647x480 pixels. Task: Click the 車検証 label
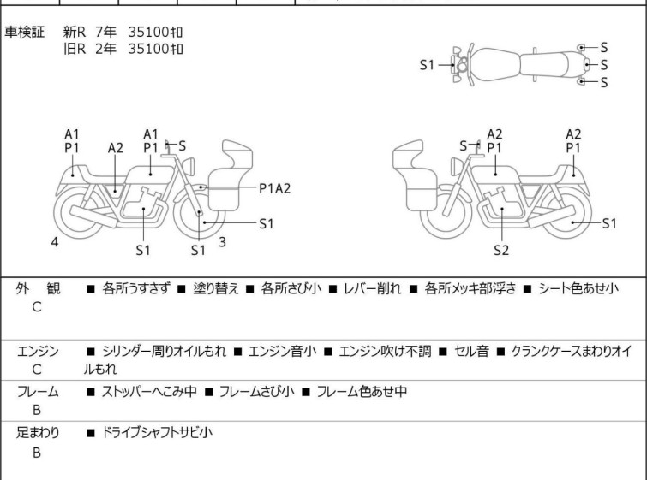(x=24, y=32)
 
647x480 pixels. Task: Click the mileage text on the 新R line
(x=155, y=32)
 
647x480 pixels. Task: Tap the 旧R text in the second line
(x=75, y=49)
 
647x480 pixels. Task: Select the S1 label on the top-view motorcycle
(x=427, y=65)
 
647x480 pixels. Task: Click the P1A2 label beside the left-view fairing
(x=275, y=188)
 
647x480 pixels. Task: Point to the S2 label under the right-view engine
(x=501, y=250)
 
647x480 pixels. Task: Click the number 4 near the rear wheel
(x=55, y=242)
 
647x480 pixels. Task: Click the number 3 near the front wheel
(x=223, y=242)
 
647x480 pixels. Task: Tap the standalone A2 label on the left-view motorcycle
(x=116, y=148)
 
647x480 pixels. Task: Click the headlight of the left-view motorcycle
(x=189, y=166)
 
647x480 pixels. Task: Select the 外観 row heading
(x=38, y=288)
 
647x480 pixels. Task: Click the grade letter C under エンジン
(x=37, y=369)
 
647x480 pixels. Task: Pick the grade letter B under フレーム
(x=37, y=410)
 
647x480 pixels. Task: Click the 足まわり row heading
(x=38, y=432)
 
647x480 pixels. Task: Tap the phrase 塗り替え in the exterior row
(x=216, y=288)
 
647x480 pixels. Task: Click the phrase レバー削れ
(x=372, y=288)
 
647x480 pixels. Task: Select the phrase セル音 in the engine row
(x=471, y=351)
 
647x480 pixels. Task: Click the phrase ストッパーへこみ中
(x=149, y=391)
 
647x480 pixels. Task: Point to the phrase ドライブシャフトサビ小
(x=157, y=432)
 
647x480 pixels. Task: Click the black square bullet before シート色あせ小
(x=527, y=289)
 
